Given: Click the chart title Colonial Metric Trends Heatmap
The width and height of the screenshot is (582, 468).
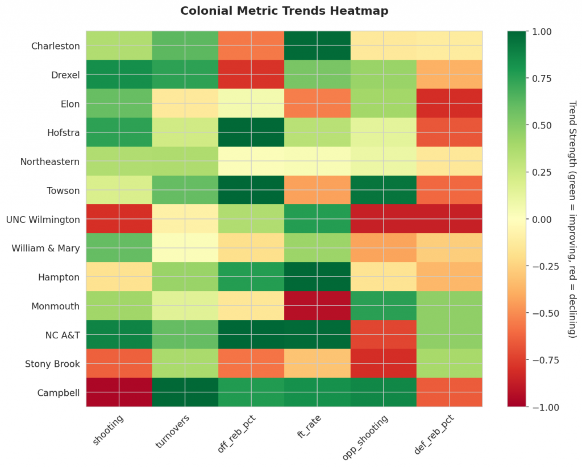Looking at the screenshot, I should (x=284, y=11).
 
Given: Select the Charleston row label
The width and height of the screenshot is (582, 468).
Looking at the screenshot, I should (x=55, y=46).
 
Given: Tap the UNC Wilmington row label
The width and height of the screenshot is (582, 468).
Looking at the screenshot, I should (x=43, y=219).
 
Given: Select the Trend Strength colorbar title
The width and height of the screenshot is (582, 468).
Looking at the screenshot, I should (x=572, y=219).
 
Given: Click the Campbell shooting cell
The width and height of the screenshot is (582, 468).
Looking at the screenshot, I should (x=119, y=392).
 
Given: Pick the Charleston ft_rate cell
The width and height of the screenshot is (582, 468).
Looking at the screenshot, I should (x=317, y=46).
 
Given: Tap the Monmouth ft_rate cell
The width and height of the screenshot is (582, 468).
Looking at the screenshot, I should (x=317, y=305).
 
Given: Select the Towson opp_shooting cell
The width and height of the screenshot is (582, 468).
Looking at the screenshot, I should (x=383, y=190).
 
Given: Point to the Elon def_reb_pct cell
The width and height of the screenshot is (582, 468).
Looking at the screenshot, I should (x=449, y=103).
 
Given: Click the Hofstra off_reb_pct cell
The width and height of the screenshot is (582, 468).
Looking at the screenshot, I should (x=251, y=132).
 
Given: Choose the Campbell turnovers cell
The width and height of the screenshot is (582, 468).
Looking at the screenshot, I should (x=185, y=392).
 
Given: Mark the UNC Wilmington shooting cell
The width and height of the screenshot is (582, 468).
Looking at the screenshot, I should (x=119, y=219).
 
